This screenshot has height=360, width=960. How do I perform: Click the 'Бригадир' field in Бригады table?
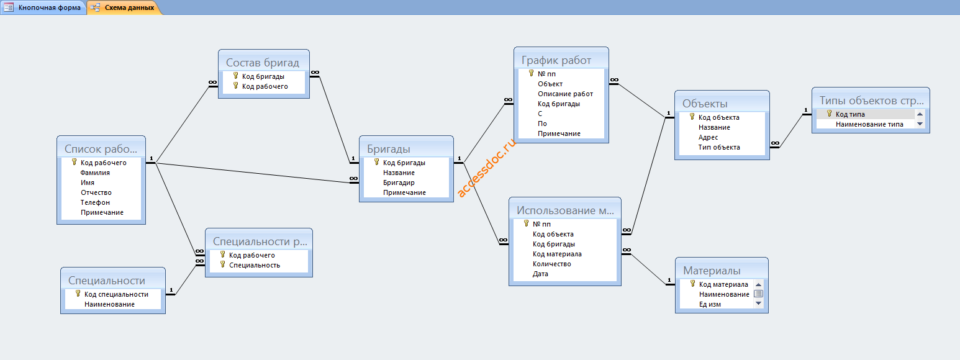pos(399,182)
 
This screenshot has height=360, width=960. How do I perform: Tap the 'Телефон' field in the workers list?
pos(95,202)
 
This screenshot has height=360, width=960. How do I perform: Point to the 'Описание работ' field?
pos(565,94)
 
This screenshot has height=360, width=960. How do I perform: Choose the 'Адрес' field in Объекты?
pos(708,137)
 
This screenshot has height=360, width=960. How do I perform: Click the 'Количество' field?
pos(551,264)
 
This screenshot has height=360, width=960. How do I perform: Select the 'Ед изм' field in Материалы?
pos(710,304)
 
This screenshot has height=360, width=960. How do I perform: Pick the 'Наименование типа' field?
pos(869,124)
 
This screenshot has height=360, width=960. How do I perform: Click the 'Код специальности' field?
pos(116,294)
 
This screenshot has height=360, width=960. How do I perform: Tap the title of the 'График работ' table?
pos(556,60)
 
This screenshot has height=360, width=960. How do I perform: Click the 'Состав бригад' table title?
pos(262,63)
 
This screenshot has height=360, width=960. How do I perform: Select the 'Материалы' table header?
pos(712,271)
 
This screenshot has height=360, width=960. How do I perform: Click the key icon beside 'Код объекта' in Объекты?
pos(692,117)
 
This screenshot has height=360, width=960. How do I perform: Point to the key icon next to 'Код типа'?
pos(829,114)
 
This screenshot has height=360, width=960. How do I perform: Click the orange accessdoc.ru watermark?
pos(486,168)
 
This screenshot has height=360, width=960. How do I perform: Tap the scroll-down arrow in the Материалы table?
pos(758,304)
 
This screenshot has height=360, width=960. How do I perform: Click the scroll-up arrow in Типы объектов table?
pos(920,114)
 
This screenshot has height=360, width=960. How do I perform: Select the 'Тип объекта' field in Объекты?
pos(718,147)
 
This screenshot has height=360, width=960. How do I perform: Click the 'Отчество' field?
pos(96,192)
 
